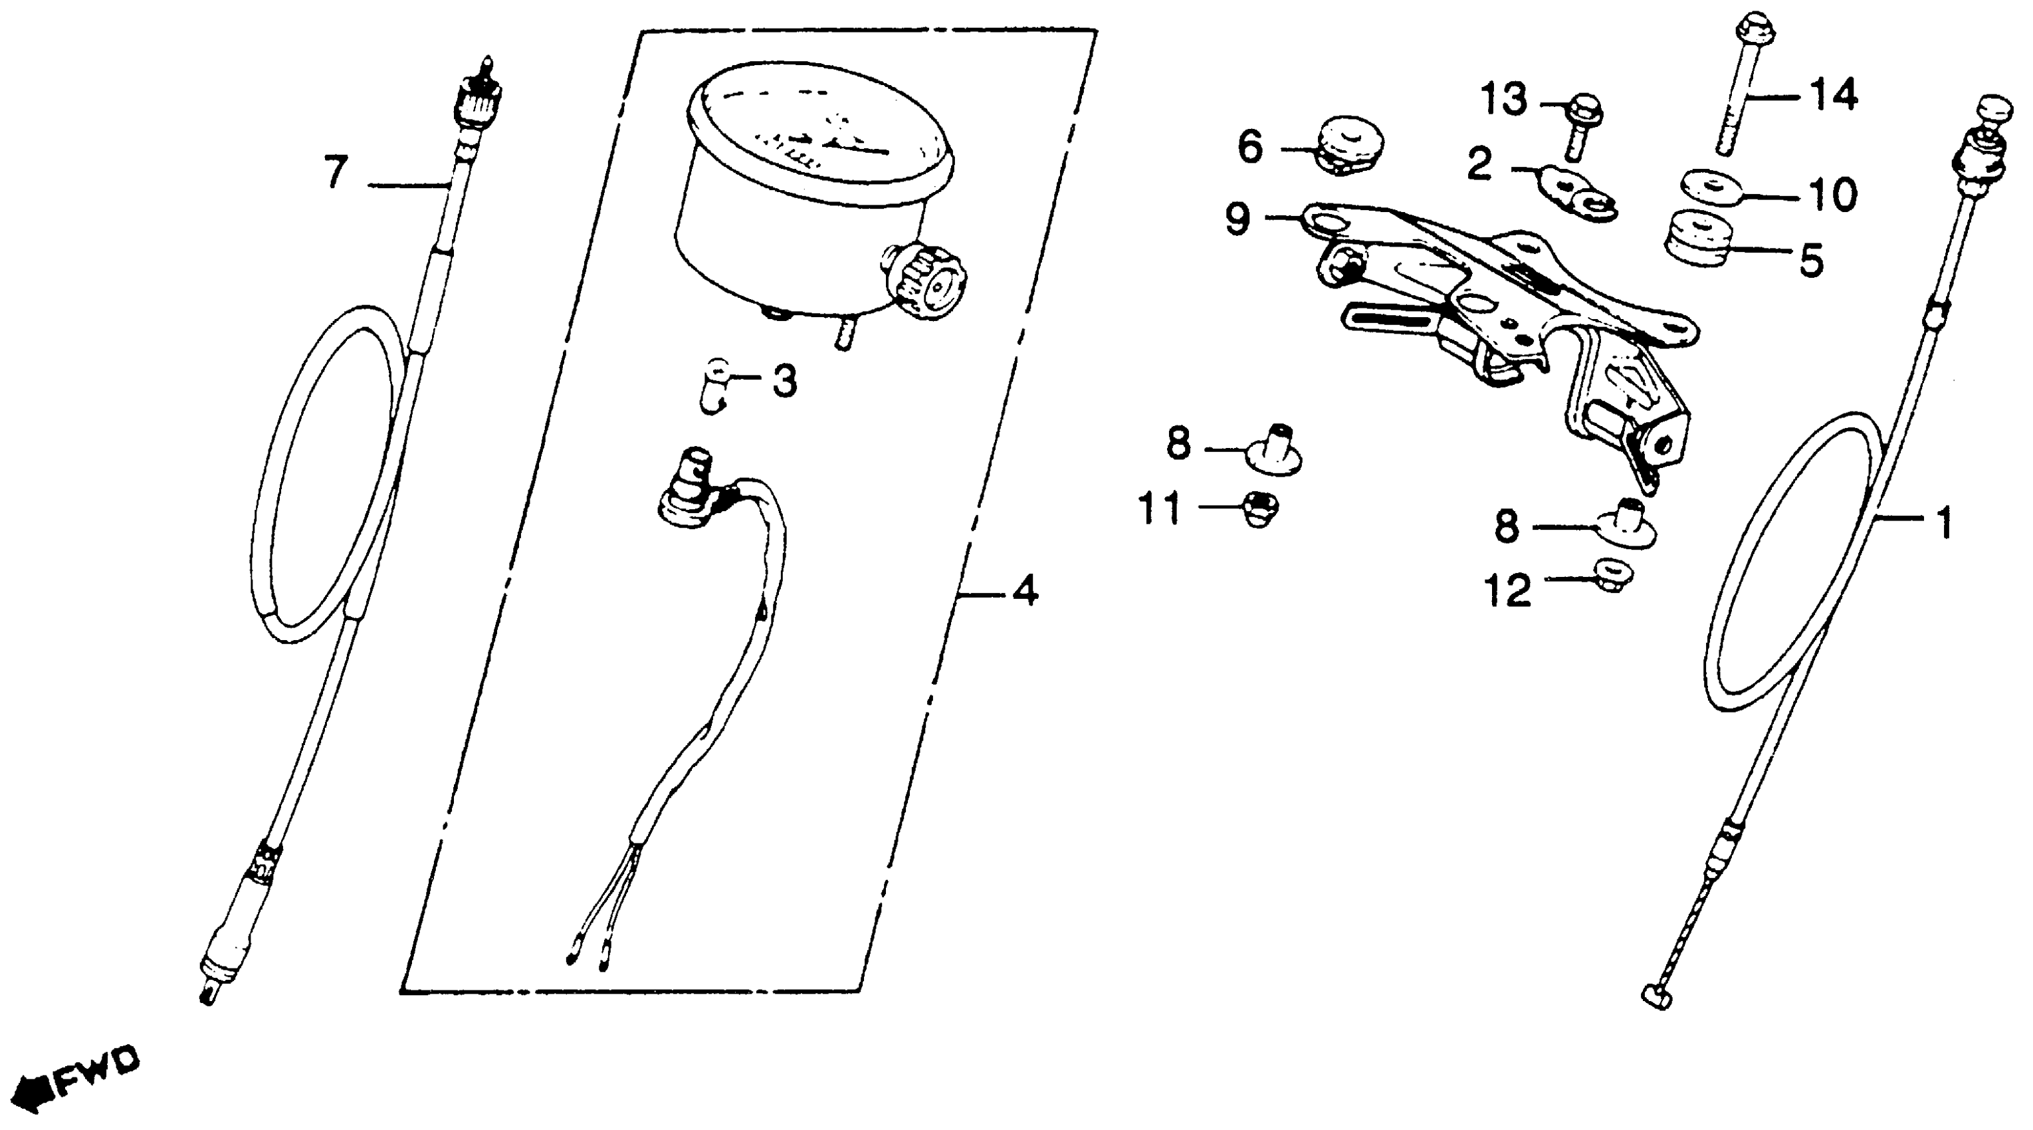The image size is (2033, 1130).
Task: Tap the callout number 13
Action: click(1503, 101)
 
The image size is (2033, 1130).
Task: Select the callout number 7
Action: click(336, 173)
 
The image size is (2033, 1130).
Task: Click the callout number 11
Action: click(1159, 508)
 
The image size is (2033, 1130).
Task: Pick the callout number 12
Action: click(1507, 590)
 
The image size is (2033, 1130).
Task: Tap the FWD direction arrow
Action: click(32, 1092)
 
